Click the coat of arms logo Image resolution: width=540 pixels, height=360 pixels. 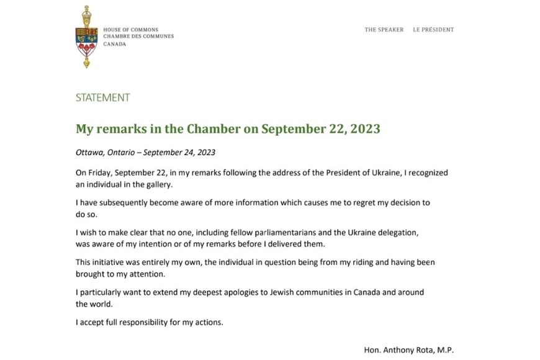tap(86, 37)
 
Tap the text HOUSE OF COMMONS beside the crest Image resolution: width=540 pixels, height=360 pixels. tap(130, 30)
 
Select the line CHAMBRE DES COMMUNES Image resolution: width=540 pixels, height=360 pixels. tap(138, 37)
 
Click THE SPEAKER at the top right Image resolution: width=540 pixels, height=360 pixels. tap(384, 30)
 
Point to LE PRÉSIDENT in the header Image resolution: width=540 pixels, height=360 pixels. tap(433, 30)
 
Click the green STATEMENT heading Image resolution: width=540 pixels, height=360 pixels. tap(102, 97)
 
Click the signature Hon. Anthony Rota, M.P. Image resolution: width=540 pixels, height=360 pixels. tap(409, 350)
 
